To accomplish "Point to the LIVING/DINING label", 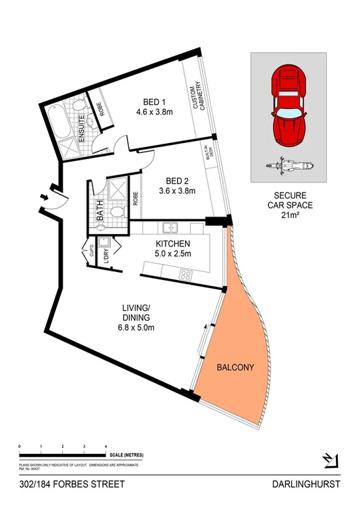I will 136,317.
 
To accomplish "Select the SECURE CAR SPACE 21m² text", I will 289,204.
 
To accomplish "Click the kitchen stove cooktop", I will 184,274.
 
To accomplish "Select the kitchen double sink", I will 170,228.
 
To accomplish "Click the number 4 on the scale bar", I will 106,445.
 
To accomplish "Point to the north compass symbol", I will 330,460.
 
